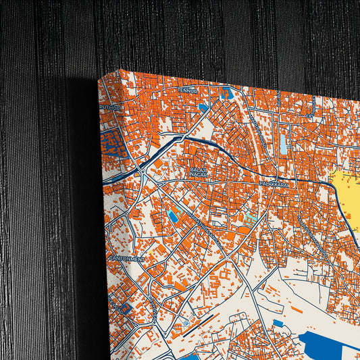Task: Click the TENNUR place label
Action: (186, 88)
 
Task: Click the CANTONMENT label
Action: (127, 258)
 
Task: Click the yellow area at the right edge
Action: (348, 203)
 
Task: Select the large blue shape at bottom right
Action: (331, 344)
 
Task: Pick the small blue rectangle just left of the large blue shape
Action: (278, 323)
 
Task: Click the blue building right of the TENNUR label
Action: (227, 93)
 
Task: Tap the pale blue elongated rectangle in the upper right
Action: (283, 142)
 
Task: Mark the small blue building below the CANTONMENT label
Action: (125, 307)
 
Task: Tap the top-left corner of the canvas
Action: (99, 78)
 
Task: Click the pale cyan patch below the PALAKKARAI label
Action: (251, 220)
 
